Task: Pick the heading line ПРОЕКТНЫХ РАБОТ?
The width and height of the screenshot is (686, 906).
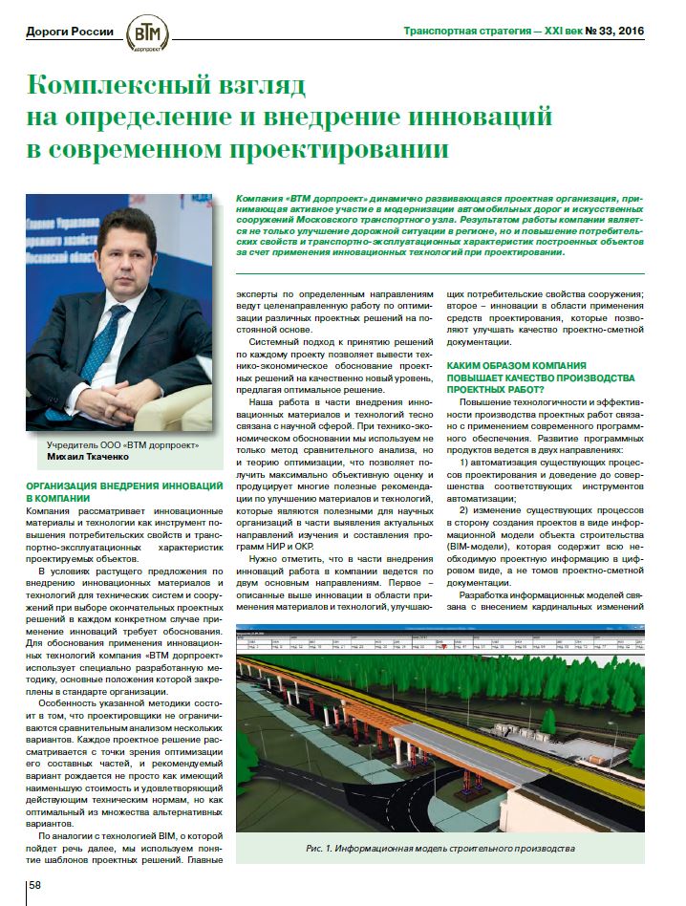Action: pyautogui.click(x=496, y=389)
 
